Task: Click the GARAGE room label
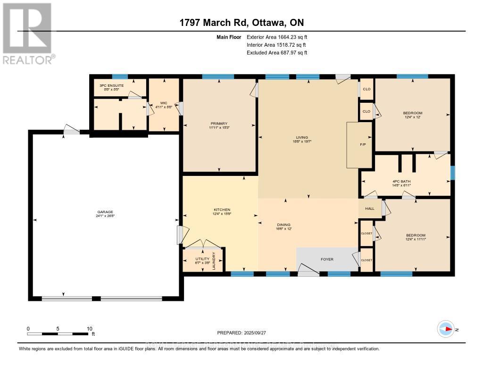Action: [105, 212]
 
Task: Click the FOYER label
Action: [327, 259]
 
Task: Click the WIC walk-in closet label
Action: [163, 102]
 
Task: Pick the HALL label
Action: [369, 208]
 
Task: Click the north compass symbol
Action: [445, 329]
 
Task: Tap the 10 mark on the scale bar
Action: [89, 329]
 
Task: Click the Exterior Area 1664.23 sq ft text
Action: [277, 37]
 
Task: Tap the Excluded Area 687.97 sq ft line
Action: [277, 53]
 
